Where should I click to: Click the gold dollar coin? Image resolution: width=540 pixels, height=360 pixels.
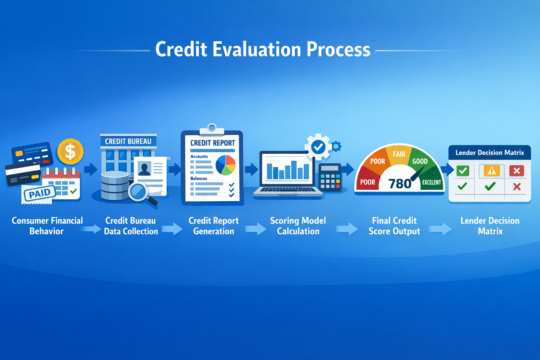(70, 152)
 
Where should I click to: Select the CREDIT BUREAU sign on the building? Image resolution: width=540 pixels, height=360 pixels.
(128, 141)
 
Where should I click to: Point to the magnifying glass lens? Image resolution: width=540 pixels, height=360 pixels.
(138, 192)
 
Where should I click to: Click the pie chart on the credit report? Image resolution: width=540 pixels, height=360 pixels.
(225, 165)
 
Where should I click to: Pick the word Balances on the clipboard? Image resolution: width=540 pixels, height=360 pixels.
(199, 179)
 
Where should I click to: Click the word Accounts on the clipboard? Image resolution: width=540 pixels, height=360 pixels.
(199, 156)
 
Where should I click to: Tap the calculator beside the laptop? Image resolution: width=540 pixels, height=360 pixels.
(330, 178)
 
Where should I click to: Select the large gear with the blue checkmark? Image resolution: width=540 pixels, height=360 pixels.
(318, 147)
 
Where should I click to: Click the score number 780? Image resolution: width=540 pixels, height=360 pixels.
(399, 184)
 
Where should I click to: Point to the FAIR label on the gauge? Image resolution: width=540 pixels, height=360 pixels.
(399, 154)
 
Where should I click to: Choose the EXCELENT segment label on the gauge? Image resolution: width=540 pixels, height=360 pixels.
(431, 182)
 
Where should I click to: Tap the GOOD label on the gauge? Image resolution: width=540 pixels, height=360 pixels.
(420, 161)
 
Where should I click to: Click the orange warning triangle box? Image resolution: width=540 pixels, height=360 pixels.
(491, 171)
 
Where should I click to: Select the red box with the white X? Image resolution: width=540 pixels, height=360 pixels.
(516, 171)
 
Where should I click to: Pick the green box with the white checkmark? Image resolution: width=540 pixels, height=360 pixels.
(463, 171)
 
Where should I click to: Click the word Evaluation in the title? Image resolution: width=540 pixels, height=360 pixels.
(257, 49)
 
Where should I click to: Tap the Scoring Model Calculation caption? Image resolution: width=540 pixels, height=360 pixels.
(298, 226)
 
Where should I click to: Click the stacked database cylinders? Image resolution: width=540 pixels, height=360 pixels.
(115, 185)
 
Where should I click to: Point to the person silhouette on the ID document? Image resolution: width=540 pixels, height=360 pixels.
(144, 169)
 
